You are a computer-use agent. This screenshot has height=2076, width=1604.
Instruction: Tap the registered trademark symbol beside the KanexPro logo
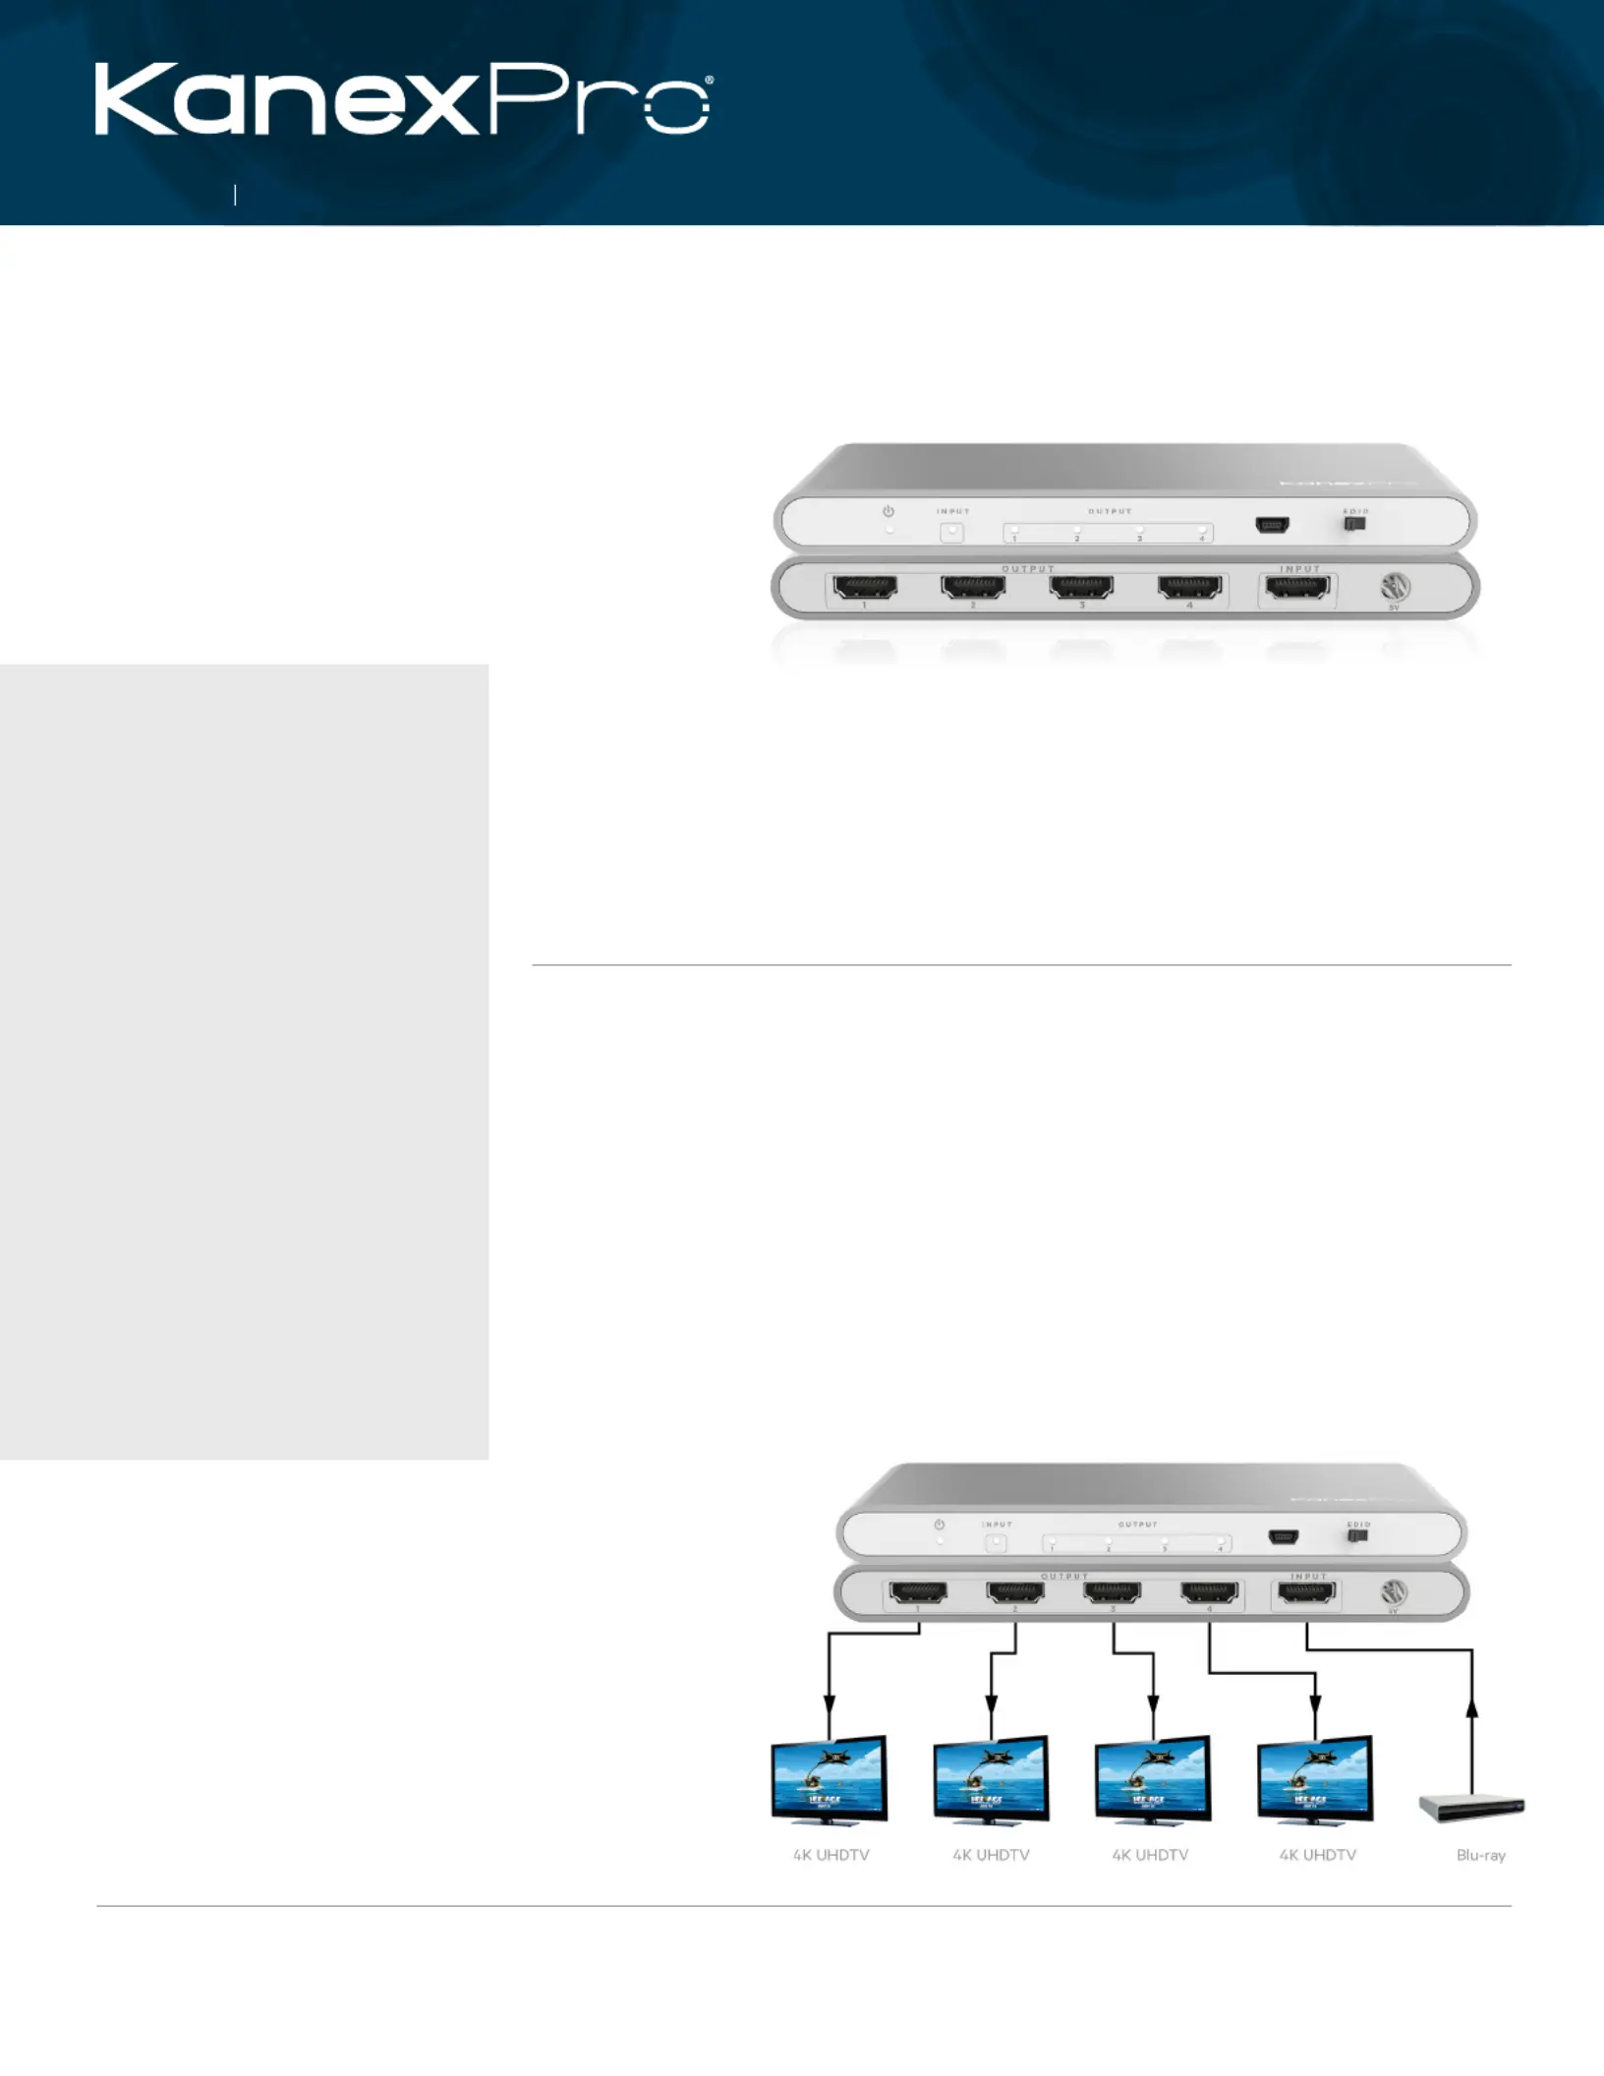point(708,81)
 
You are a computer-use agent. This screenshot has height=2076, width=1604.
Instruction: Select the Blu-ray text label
point(1480,1855)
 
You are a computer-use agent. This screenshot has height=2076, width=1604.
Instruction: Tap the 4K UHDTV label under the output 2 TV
point(991,1855)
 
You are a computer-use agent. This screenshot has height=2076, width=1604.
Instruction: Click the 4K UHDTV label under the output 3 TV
point(1150,1855)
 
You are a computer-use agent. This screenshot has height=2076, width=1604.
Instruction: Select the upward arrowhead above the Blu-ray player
point(1471,1709)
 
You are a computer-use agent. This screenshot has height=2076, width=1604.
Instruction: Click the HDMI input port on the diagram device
point(1306,1592)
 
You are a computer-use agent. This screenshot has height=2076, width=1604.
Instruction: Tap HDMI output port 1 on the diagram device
point(918,1592)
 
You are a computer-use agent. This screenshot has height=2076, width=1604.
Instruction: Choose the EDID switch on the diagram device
point(1358,1535)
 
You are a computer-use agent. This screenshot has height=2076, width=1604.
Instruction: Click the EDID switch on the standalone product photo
point(1355,525)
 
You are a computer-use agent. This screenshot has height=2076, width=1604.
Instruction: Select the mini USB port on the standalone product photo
point(1273,525)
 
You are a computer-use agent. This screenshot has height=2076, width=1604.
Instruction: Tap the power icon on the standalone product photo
point(888,512)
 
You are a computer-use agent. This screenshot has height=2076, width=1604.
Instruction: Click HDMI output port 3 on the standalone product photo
point(1081,588)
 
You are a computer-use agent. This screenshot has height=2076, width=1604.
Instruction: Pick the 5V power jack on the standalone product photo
point(1395,588)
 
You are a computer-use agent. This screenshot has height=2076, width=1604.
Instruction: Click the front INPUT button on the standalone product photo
point(951,533)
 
